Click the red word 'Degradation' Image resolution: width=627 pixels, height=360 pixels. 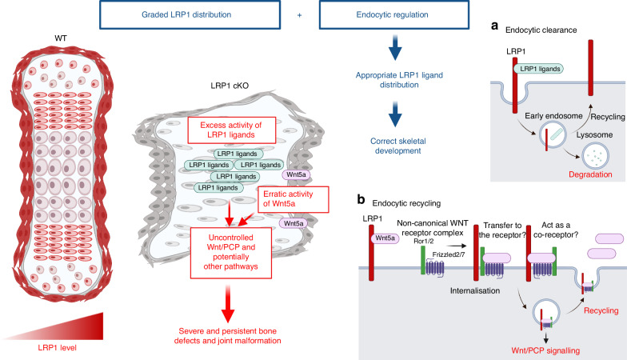click(x=566, y=161)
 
